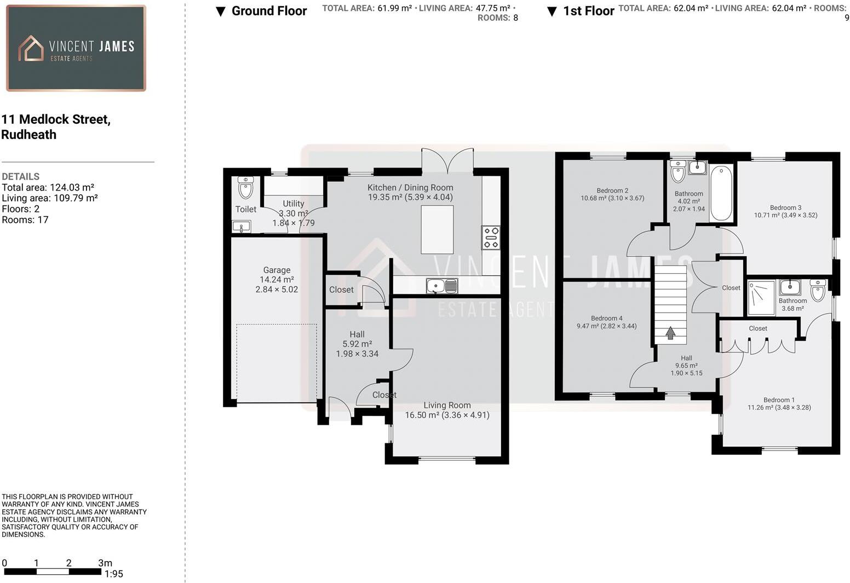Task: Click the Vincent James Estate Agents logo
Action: (76, 48)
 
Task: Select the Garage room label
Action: (277, 270)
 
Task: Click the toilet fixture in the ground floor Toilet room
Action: (246, 187)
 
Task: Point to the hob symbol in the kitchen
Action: (491, 238)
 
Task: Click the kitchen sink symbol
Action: (441, 286)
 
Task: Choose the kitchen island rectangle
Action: (437, 229)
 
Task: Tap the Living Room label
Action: (447, 405)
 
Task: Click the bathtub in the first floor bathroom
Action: (721, 193)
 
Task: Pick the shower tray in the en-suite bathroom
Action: (761, 298)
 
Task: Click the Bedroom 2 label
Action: (612, 191)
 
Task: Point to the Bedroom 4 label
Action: (606, 318)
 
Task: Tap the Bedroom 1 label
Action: (779, 400)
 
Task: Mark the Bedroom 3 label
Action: (785, 207)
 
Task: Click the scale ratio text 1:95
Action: (113, 574)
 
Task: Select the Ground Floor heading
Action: (269, 11)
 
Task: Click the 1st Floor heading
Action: (588, 11)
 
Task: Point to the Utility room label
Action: (294, 204)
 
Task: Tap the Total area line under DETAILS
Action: (48, 187)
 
